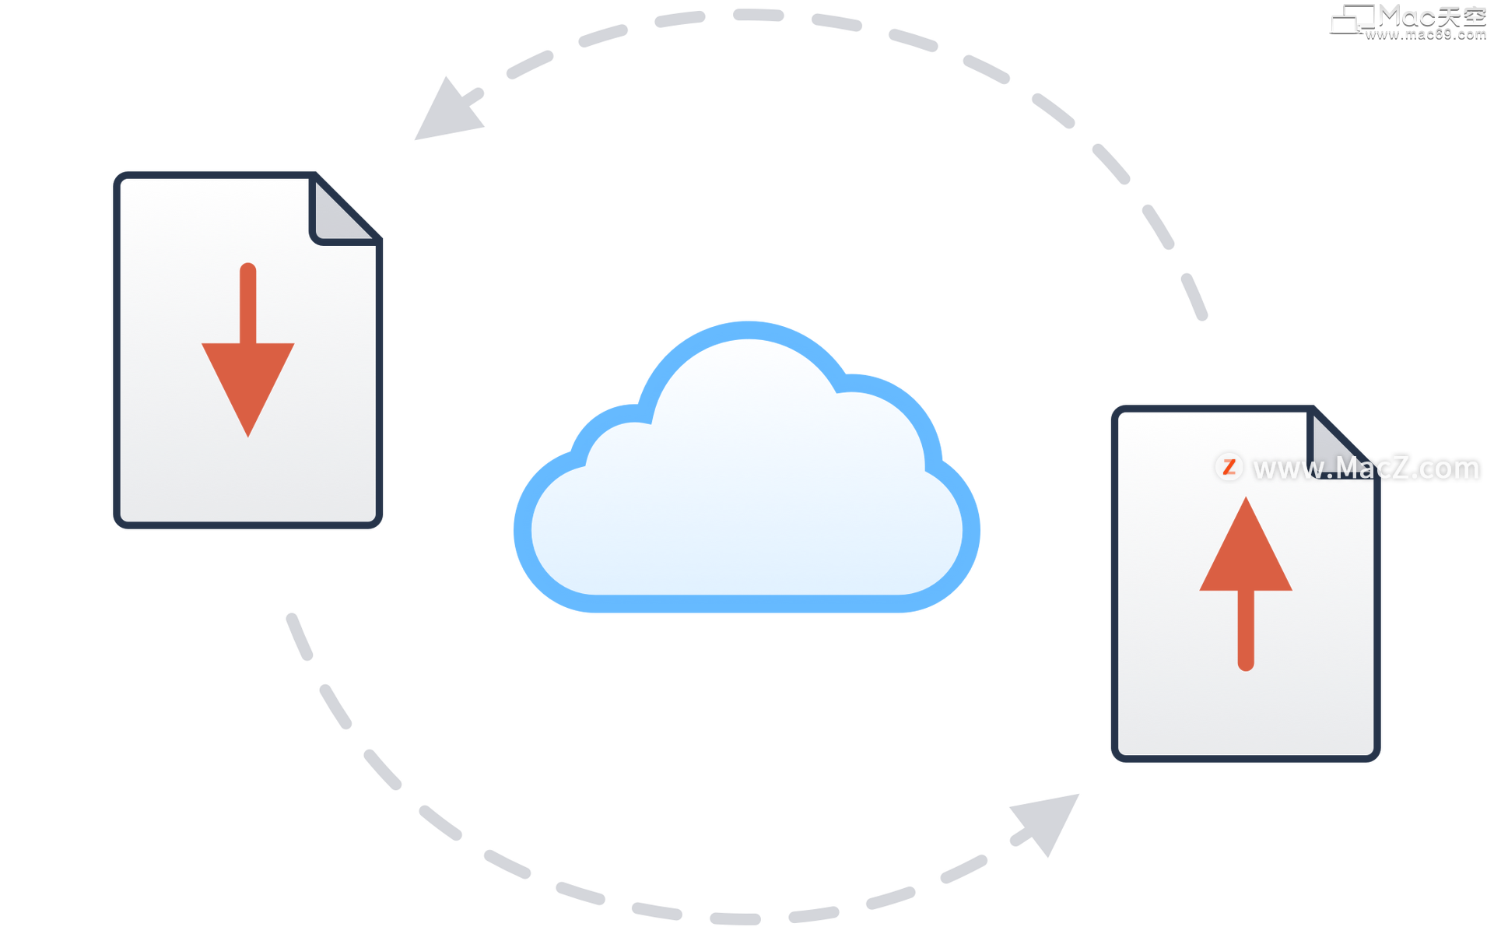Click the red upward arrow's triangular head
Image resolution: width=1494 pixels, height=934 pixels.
tap(1246, 553)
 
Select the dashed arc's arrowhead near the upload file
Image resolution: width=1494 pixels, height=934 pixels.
tap(1047, 822)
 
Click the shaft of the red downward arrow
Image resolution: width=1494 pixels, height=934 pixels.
tap(247, 300)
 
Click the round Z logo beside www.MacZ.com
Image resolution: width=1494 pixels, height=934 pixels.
tap(1229, 467)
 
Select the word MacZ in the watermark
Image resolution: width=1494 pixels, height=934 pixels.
tap(1373, 469)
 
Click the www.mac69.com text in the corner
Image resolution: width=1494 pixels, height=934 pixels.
tap(1426, 33)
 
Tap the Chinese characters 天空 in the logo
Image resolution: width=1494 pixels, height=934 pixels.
tap(1462, 16)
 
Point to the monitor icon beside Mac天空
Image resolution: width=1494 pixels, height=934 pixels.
tap(1352, 19)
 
